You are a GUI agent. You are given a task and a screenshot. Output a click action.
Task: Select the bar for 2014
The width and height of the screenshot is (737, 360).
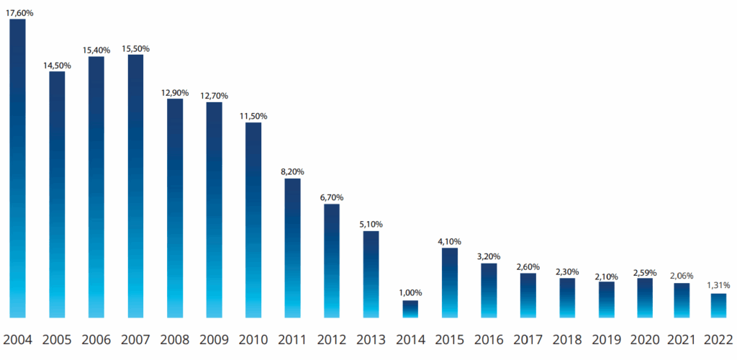pos(410,309)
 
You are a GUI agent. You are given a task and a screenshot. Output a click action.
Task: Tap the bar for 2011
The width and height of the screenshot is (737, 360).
pos(292,248)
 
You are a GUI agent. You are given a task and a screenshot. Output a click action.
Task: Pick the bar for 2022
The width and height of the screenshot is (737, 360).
pos(718,305)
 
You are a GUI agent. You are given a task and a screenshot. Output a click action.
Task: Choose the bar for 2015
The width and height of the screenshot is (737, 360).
pos(450,282)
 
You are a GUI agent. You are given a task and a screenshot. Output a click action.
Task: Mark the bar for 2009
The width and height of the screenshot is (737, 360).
pos(214,210)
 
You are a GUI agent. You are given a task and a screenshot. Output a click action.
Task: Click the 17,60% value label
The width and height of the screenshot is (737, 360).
pos(19,12)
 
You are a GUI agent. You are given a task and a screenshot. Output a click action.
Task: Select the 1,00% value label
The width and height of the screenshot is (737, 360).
pos(410,293)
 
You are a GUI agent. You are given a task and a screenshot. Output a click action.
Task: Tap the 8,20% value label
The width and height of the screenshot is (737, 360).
pos(292,171)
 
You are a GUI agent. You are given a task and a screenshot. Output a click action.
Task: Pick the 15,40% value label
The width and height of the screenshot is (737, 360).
pos(96,50)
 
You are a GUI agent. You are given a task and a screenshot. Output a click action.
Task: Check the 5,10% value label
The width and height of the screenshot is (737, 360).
pos(371,224)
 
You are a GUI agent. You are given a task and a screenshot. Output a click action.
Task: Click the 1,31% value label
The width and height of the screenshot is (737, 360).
pos(718,286)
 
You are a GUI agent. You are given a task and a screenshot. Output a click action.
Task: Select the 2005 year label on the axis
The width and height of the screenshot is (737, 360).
pos(57,339)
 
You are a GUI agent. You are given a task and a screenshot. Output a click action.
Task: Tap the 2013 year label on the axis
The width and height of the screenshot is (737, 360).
pos(371,339)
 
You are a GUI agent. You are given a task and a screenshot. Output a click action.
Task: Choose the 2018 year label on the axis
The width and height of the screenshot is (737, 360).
pos(567,339)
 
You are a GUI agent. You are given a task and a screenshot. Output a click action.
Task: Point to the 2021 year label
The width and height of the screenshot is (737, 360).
pos(679,339)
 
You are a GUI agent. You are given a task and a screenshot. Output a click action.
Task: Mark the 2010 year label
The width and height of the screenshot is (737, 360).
pos(253,339)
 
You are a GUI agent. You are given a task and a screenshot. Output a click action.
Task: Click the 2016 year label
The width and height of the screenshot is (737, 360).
pos(489,339)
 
